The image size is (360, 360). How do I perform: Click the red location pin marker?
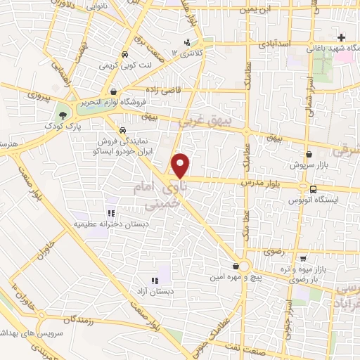[181, 165]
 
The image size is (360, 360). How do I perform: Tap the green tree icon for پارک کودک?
[64, 113]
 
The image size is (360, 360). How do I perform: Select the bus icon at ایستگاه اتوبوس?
[314, 188]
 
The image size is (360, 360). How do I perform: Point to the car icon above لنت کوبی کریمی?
[124, 53]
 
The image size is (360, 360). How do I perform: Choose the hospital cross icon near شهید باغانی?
[342, 38]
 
